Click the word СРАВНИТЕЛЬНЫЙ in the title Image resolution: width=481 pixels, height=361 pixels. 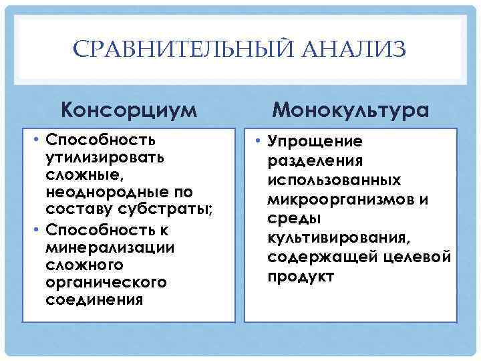tap(178, 50)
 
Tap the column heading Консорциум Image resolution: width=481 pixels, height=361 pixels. tap(128, 108)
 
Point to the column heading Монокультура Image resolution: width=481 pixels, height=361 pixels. tap(351, 108)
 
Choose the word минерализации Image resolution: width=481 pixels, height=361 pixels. tap(101, 247)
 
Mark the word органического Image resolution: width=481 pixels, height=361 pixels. tap(105, 282)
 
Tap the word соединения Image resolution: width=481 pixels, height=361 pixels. tap(94, 299)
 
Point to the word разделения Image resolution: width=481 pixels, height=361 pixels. tap(315, 160)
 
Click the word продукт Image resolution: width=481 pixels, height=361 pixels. tap(301, 277)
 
